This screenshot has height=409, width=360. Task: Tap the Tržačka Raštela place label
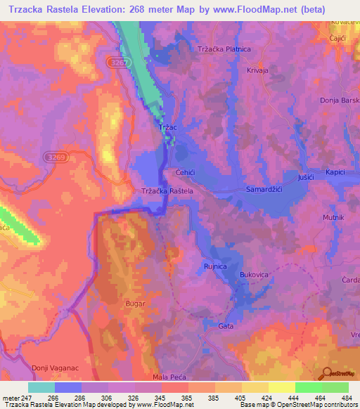click(167, 190)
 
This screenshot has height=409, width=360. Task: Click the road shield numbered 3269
click(53, 157)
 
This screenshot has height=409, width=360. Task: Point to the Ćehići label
click(186, 172)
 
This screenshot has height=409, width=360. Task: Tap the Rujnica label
click(215, 266)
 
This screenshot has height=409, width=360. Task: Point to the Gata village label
click(226, 326)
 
